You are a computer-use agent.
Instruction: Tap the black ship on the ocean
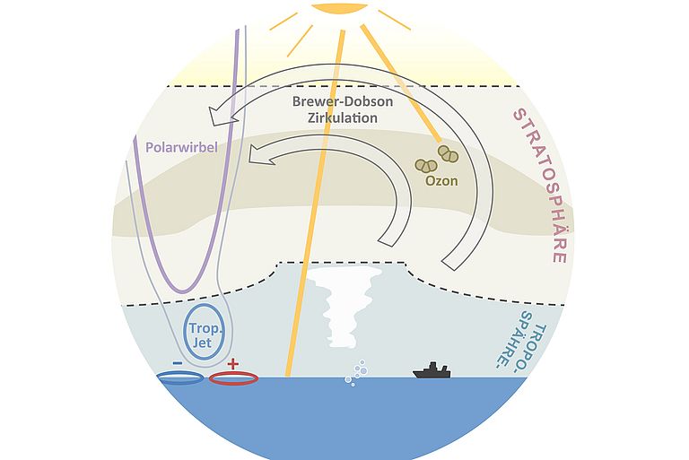[432, 371]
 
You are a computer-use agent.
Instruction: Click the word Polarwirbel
[181, 147]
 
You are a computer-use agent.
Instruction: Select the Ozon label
[441, 180]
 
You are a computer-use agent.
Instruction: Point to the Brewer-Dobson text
[343, 101]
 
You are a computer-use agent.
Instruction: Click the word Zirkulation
[343, 118]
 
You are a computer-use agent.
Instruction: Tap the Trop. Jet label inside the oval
[205, 335]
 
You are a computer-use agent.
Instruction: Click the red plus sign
[233, 363]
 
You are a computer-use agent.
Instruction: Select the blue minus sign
[178, 363]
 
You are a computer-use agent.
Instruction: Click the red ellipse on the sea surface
[233, 378]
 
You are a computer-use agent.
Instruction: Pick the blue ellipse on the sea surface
[180, 378]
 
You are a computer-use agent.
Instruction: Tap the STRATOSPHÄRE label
[541, 186]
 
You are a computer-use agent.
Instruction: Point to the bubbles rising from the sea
[356, 373]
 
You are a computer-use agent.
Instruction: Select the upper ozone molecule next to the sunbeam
[449, 153]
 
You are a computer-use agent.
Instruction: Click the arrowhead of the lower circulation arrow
[259, 154]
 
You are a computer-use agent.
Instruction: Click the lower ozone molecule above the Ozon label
[426, 166]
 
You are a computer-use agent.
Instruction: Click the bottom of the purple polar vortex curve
[185, 291]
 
